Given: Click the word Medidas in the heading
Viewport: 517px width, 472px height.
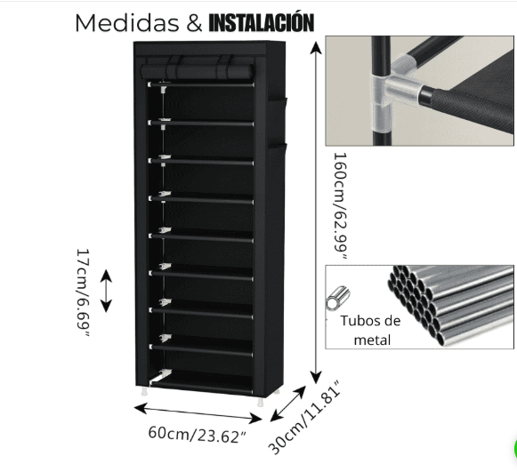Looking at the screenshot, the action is pos(127,23).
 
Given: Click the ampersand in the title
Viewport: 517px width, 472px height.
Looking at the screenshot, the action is pos(194,23).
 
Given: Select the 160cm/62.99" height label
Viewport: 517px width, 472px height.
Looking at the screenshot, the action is pos(341,206).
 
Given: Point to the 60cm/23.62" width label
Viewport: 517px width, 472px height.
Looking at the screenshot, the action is pos(198,435).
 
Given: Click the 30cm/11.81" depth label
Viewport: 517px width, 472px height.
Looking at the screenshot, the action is pos(303,418).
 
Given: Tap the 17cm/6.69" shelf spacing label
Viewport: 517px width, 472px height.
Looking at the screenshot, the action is pos(83,293).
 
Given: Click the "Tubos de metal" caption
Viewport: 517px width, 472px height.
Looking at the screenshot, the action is pos(370,331).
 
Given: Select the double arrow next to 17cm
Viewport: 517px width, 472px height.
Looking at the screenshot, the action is pos(106,291).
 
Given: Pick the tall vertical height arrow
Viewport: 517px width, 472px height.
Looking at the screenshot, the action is pos(317,212).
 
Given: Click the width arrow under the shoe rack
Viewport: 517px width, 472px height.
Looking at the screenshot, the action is pos(198,413).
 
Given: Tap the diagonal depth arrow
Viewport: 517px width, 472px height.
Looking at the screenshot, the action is pos(287,404).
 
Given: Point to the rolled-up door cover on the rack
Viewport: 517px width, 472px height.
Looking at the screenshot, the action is pos(197,71).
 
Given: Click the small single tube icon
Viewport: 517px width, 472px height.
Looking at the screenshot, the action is pos(337,298).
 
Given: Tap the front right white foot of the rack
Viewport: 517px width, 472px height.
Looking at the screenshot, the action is pos(261,402).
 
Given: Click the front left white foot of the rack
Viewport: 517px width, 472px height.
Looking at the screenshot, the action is pos(144,391).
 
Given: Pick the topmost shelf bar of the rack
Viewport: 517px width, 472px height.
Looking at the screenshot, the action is pos(201,85).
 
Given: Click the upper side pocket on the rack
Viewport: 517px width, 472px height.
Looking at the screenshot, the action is pos(277,121).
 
